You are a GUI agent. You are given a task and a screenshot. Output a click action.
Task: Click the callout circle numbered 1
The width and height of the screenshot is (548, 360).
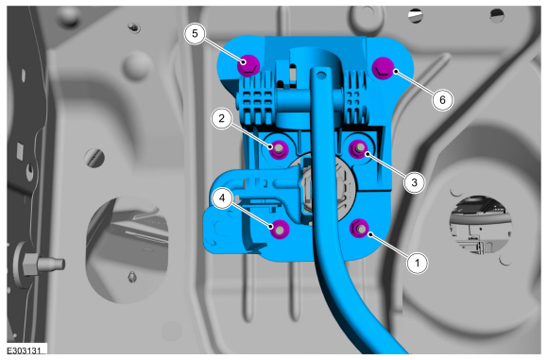click(417, 262)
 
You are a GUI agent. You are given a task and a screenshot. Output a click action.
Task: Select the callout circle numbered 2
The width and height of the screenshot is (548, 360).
click(222, 118)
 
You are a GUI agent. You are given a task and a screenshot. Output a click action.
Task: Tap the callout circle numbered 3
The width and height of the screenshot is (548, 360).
click(414, 182)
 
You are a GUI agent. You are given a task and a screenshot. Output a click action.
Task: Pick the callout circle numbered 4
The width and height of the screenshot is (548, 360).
click(222, 198)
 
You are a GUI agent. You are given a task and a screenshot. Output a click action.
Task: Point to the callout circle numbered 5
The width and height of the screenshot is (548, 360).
click(195, 33)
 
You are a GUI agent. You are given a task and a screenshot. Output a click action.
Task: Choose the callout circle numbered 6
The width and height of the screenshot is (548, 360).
click(442, 100)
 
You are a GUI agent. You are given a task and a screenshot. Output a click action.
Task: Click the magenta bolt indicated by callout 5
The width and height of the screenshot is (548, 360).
click(248, 65)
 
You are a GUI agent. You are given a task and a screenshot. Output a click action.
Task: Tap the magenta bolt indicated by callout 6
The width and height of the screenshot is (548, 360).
click(383, 68)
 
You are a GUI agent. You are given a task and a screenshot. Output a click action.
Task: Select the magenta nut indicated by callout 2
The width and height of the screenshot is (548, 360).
click(279, 148)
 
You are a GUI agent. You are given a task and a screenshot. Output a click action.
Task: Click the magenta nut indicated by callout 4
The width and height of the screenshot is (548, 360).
click(280, 229)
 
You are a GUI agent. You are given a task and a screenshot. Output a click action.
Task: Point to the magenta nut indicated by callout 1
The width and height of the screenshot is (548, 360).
click(360, 228)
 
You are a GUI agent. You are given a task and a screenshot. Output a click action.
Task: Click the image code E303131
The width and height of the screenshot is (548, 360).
click(24, 351)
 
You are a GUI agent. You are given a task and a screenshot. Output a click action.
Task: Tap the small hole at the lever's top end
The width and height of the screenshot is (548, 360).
click(322, 75)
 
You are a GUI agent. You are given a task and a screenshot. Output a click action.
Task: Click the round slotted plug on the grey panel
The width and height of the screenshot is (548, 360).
click(94, 159)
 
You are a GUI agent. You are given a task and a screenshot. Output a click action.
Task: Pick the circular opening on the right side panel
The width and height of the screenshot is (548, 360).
click(481, 225)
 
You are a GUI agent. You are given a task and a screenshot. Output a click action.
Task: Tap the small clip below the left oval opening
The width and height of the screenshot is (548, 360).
click(132, 277)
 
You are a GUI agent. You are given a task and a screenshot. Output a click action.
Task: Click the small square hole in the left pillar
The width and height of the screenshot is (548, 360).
click(20, 150)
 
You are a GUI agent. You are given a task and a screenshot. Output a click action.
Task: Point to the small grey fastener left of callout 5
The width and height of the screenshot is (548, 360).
click(133, 26)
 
